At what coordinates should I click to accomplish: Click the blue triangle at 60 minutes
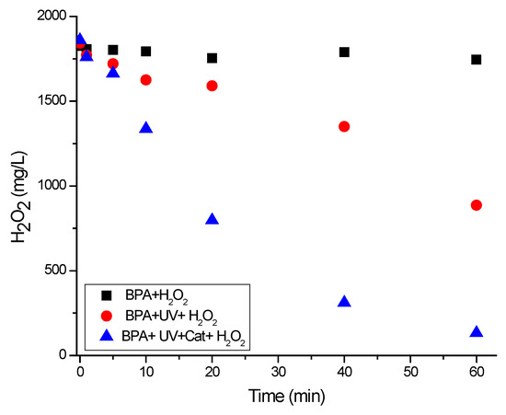(477, 332)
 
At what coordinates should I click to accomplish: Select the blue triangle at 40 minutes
(344, 302)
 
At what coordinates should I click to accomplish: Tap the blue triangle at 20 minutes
(213, 219)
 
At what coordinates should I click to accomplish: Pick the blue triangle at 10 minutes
(146, 128)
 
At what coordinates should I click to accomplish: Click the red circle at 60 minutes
(477, 205)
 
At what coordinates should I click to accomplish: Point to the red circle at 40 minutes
(344, 126)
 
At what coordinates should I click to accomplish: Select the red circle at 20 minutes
(213, 86)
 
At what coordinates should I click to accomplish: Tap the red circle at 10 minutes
(146, 80)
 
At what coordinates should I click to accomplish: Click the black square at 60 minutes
(477, 60)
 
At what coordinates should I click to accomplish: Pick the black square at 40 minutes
(344, 52)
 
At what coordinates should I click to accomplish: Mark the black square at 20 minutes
(213, 58)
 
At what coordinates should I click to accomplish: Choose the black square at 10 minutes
(146, 52)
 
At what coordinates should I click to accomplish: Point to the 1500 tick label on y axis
(49, 101)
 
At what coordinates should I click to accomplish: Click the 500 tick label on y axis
(52, 271)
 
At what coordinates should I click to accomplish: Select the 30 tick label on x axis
(279, 371)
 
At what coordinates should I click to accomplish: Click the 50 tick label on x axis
(410, 371)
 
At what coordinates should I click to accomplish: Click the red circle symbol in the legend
(107, 317)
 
